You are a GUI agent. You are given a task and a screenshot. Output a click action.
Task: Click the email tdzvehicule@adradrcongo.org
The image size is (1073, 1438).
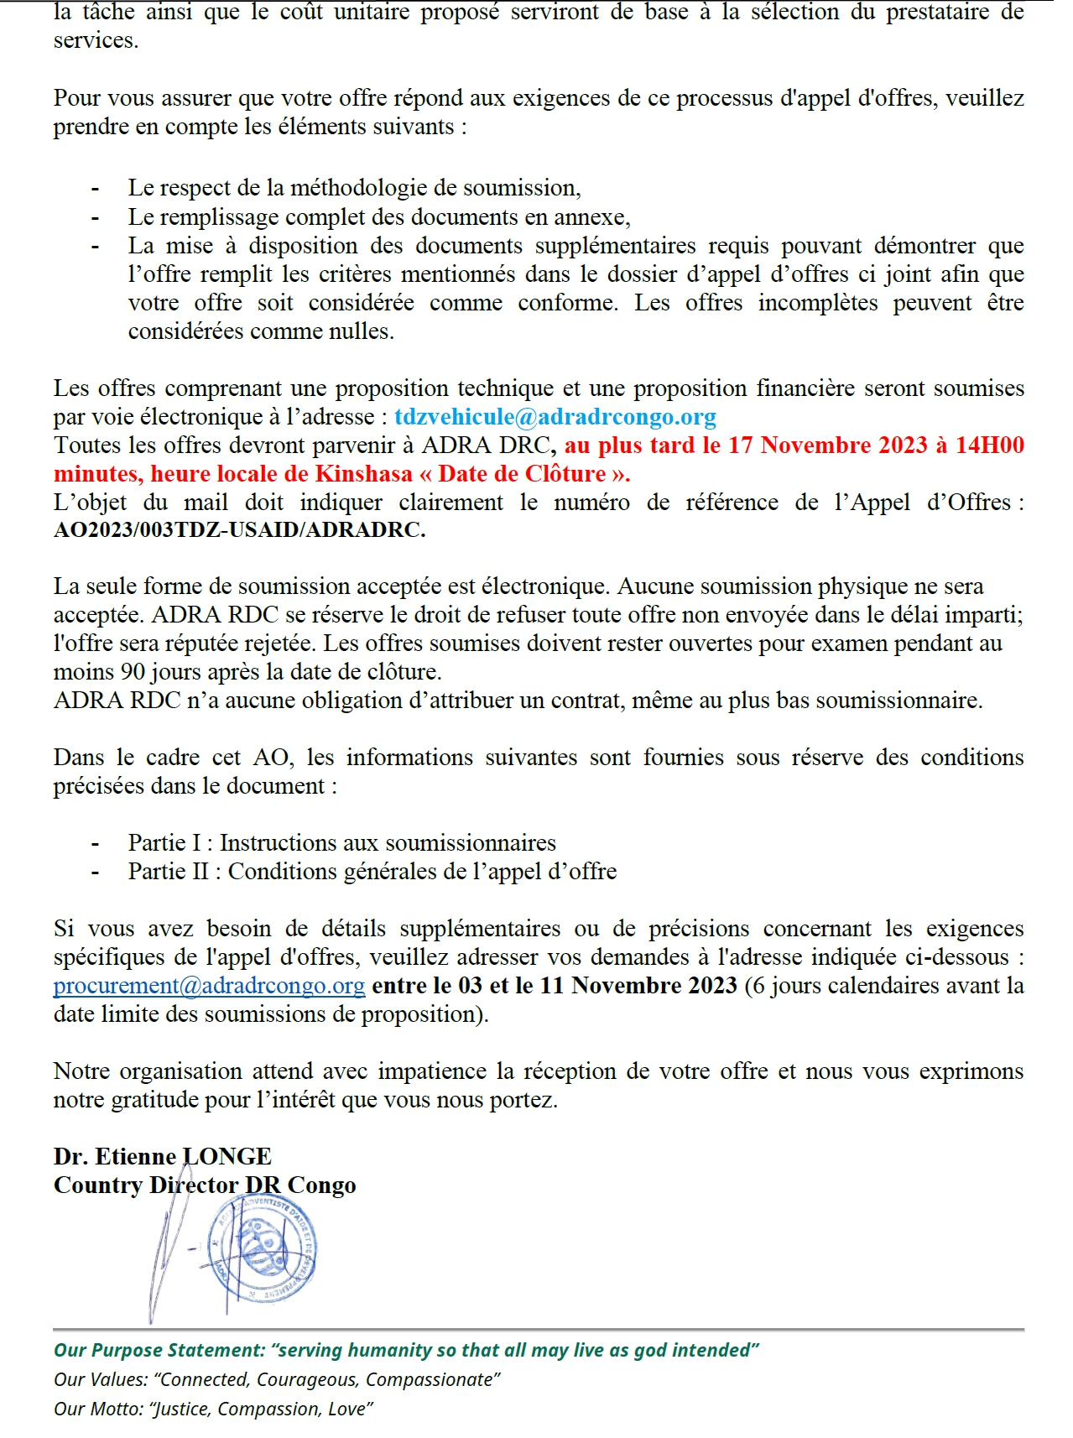[555, 417]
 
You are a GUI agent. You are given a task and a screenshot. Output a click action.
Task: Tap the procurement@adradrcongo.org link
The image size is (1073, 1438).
[209, 986]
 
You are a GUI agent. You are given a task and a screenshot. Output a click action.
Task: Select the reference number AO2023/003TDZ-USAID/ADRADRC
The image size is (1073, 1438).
[239, 531]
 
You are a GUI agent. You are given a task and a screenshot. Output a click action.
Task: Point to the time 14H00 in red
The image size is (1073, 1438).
[989, 445]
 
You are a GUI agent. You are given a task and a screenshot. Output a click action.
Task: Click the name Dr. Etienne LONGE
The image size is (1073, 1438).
[163, 1157]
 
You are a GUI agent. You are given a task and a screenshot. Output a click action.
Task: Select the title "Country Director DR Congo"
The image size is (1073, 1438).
[205, 1185]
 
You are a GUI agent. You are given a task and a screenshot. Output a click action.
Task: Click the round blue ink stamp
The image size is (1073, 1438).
[265, 1248]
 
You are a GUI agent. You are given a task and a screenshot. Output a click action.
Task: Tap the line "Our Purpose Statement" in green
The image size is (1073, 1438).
[406, 1351]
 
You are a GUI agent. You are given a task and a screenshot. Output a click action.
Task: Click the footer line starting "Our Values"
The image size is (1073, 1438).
[277, 1380]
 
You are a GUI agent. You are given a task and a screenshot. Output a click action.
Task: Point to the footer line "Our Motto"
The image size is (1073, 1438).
[213, 1409]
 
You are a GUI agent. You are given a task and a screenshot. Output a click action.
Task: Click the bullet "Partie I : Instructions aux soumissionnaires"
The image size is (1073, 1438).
[341, 843]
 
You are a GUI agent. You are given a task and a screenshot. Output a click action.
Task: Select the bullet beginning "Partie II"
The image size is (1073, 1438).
[372, 872]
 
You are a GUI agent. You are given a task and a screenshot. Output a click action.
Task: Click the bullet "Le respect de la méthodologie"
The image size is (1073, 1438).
[354, 188]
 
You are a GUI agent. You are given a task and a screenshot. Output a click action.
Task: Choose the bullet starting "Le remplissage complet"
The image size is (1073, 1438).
[378, 217]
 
